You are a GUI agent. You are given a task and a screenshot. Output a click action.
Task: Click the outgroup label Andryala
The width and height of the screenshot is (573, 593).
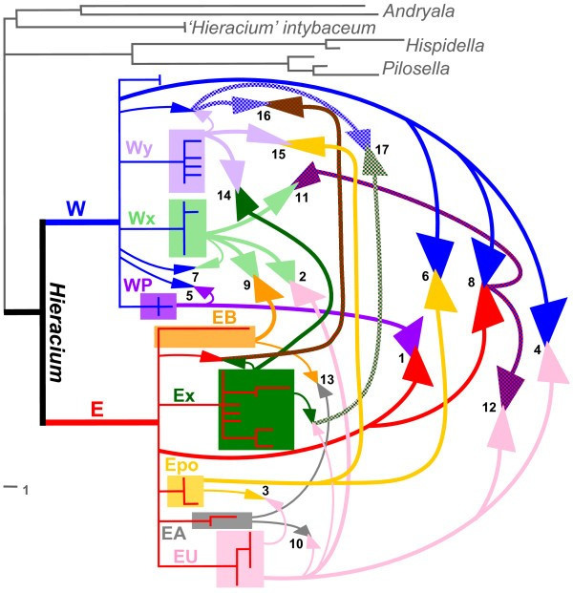pyautogui.click(x=418, y=11)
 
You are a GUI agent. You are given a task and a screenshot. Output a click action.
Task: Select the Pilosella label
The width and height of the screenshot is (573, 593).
pyautogui.click(x=415, y=69)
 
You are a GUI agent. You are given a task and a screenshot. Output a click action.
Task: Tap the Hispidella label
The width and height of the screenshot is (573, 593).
pyautogui.click(x=445, y=46)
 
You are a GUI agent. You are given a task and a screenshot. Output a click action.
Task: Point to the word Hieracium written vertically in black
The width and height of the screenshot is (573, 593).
pyautogui.click(x=57, y=332)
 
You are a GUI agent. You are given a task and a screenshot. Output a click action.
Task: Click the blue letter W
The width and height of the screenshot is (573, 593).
pyautogui.click(x=76, y=209)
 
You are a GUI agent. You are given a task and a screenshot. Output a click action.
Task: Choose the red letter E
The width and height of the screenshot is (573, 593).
pyautogui.click(x=97, y=409)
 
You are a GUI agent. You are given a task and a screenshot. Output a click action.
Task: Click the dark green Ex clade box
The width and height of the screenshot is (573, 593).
pyautogui.click(x=257, y=410)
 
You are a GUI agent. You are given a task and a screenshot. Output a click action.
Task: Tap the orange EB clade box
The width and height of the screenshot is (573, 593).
pyautogui.click(x=204, y=336)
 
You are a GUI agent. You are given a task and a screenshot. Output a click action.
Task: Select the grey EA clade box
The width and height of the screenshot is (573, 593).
pyautogui.click(x=222, y=520)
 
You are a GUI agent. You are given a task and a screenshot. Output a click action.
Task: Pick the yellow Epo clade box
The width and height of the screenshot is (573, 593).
pyautogui.click(x=185, y=491)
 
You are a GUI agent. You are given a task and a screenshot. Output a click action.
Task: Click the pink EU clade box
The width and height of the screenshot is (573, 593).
pyautogui.click(x=240, y=559)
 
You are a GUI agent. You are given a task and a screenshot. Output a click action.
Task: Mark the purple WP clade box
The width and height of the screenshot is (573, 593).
pyautogui.click(x=159, y=307)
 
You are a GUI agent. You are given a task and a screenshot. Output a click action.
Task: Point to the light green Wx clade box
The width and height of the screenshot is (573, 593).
pyautogui.click(x=187, y=228)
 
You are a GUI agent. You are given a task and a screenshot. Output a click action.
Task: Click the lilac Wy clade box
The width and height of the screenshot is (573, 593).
pyautogui.click(x=187, y=161)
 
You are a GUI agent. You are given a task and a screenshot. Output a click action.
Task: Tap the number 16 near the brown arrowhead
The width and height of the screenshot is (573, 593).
pyautogui.click(x=264, y=116)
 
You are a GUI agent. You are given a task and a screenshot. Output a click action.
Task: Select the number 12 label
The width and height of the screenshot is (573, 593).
pyautogui.click(x=489, y=408)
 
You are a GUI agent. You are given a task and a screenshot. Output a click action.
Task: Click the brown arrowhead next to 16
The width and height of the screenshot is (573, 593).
pyautogui.click(x=287, y=106)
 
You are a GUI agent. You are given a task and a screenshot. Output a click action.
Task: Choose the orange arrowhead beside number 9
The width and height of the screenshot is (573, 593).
pyautogui.click(x=265, y=289)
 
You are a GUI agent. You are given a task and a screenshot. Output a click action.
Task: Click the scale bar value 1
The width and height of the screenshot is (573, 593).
pyautogui.click(x=26, y=491)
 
